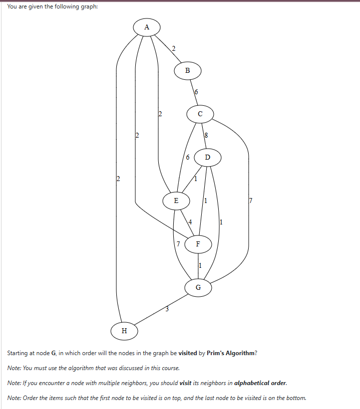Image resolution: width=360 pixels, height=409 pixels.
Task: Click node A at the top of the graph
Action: pos(146,27)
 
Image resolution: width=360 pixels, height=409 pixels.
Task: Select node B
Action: pos(187,71)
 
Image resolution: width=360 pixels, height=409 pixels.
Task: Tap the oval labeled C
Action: pos(200,114)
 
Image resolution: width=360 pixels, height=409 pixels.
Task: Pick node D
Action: pos(208,158)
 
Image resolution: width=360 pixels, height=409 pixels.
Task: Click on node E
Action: pos(175,201)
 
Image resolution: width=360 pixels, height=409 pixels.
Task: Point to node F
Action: pos(198,244)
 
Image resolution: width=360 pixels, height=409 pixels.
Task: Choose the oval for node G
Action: pos(198,287)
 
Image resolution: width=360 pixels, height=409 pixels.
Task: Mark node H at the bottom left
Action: pos(124,330)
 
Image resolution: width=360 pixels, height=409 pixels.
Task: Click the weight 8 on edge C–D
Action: pos(206,135)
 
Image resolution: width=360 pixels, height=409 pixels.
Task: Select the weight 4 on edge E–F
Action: pos(190,221)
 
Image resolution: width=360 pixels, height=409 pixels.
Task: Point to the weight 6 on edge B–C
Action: pos(196,92)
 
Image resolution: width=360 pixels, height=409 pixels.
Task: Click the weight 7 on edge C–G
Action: pos(251,201)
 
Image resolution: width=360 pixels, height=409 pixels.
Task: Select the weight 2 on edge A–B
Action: pos(173,48)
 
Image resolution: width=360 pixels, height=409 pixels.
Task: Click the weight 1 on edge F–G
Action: pos(200,265)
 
